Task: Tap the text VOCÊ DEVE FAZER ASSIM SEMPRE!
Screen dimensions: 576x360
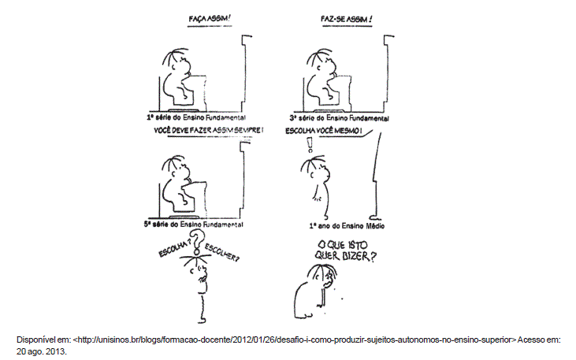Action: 208,130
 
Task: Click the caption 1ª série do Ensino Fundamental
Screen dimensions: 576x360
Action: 195,116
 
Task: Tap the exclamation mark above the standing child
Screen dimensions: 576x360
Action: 309,144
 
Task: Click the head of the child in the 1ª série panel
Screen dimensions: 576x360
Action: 177,61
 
